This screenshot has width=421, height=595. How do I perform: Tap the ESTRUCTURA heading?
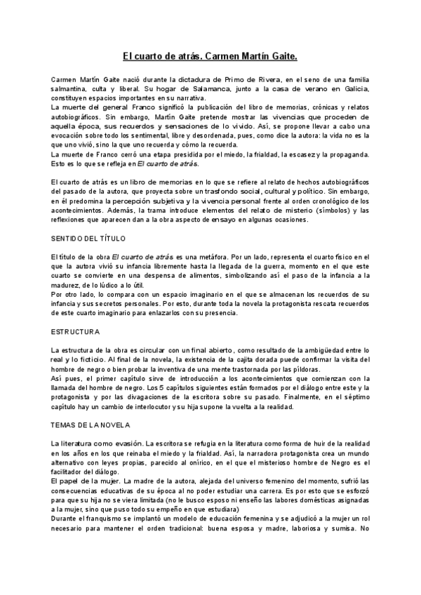(x=76, y=331)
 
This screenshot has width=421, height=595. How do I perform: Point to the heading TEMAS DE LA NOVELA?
(x=91, y=425)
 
